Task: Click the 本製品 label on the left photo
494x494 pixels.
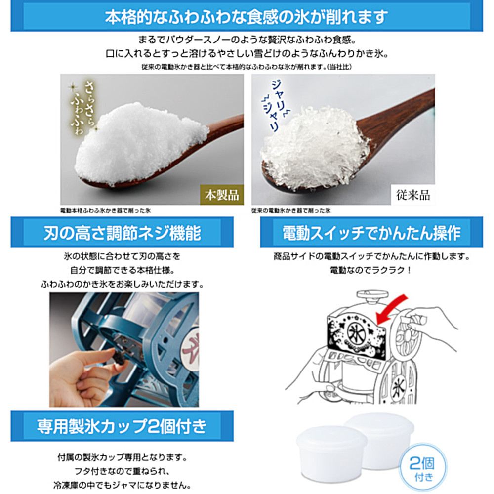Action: pos(222,195)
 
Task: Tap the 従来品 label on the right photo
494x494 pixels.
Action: pos(412,195)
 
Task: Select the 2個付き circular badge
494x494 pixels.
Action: pos(422,467)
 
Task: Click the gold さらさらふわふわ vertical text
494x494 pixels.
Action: pos(82,108)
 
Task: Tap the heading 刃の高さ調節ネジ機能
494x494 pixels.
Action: pos(122,233)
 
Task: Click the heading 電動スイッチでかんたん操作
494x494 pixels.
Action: pos(371,233)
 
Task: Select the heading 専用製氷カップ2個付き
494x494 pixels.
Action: pos(122,426)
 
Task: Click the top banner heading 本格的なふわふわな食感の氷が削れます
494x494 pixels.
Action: pos(247,16)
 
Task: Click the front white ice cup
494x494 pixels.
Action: pos(331,453)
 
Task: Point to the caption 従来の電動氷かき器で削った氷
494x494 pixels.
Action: pos(291,211)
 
